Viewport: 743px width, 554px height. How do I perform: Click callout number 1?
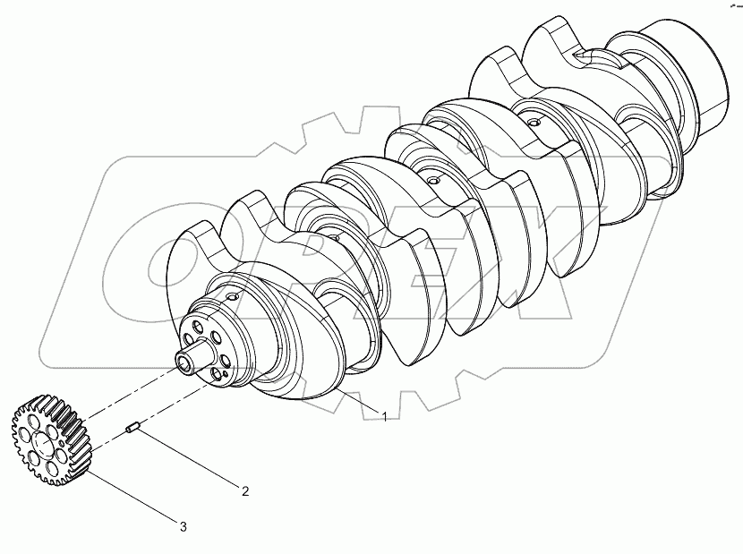(385, 416)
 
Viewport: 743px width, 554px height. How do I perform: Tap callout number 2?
(243, 490)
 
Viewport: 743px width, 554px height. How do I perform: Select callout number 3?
(184, 527)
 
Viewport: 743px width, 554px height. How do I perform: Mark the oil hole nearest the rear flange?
(534, 121)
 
